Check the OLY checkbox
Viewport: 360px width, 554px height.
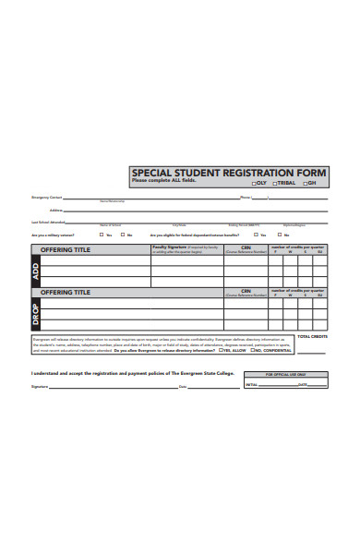[254, 183]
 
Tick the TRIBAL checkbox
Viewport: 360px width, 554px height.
[274, 183]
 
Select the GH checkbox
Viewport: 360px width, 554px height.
[304, 183]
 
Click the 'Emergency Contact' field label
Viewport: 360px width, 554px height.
[47, 198]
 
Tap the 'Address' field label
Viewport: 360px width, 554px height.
[56, 210]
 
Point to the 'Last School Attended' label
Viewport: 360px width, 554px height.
[48, 222]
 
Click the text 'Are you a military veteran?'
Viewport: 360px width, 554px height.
[54, 235]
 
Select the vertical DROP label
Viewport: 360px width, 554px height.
[36, 314]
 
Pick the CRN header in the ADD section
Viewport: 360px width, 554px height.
[246, 248]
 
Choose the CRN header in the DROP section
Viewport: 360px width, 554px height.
[246, 291]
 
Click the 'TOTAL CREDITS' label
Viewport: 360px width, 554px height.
[312, 336]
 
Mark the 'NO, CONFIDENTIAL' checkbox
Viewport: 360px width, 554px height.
[251, 351]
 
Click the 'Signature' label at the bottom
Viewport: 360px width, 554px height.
[39, 386]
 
